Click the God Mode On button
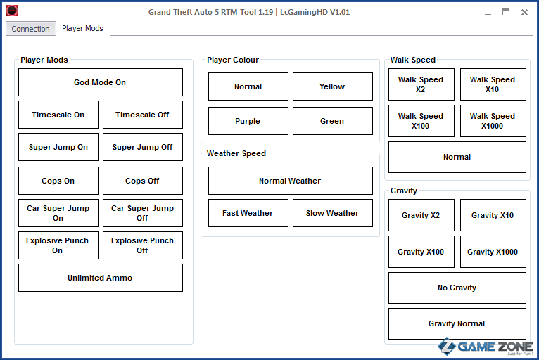101,82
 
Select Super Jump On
58,147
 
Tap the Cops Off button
143,181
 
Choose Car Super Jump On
58,213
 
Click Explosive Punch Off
143,245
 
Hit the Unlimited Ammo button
101,278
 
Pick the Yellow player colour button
333,86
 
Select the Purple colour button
248,121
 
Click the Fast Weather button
248,213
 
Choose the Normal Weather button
291,181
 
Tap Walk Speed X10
493,84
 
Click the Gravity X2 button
421,215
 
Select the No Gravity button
457,288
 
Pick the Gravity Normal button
457,323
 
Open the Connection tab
30,29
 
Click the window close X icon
524,13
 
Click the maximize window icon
506,13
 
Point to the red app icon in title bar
12,11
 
